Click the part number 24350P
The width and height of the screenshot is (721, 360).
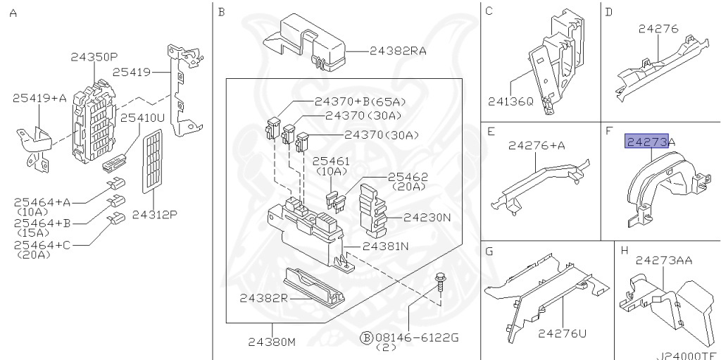(x=94, y=57)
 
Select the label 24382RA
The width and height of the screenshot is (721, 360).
(x=399, y=51)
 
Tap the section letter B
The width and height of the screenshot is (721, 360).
(x=221, y=12)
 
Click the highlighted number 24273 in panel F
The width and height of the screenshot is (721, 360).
(x=646, y=142)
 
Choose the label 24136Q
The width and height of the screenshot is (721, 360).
(x=511, y=101)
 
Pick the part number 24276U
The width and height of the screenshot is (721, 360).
(x=563, y=333)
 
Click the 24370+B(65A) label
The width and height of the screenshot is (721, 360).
(x=360, y=101)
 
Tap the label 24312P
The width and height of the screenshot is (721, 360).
(x=154, y=215)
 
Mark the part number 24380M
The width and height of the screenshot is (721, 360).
(x=271, y=342)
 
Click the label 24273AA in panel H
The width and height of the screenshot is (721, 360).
(x=664, y=261)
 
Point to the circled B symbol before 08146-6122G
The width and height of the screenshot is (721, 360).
(x=366, y=338)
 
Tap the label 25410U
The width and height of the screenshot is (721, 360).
(x=142, y=118)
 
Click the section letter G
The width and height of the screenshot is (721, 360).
(x=489, y=252)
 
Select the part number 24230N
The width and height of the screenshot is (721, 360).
(x=427, y=217)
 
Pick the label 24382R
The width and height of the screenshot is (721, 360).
(x=263, y=298)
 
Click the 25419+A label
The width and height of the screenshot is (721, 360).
(x=39, y=98)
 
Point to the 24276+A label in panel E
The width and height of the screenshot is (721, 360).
(x=537, y=146)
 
